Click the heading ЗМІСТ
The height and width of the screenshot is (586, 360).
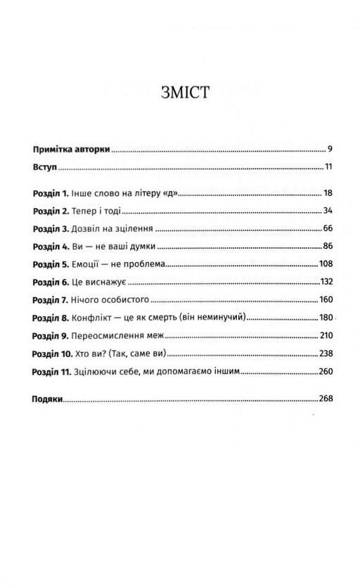(x=184, y=93)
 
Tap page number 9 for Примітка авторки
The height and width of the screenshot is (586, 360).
(x=329, y=150)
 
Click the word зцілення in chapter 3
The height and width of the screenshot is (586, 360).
(x=134, y=229)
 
